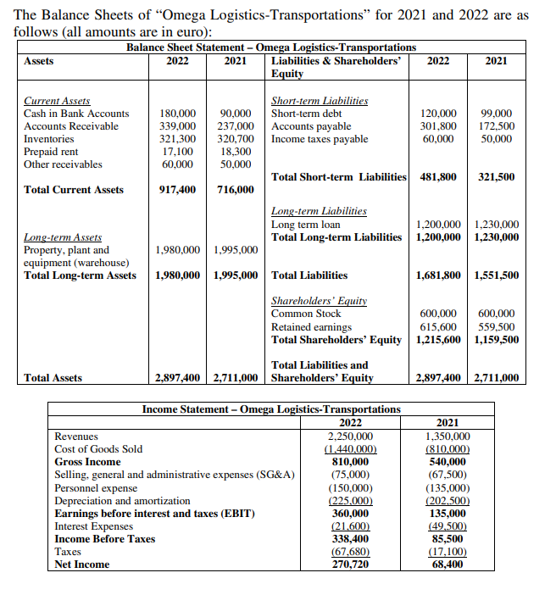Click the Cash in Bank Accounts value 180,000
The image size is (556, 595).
pos(178,114)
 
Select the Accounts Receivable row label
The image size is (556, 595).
pos(71,126)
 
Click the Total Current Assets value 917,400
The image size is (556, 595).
pos(178,190)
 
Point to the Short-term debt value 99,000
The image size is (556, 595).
pos(496,114)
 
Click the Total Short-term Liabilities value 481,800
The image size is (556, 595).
pos(439,177)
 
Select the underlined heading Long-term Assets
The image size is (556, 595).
pos(63,237)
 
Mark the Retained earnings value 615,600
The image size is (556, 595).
pos(439,326)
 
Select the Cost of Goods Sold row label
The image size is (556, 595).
pos(98,448)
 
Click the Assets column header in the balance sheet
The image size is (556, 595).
pos(39,61)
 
